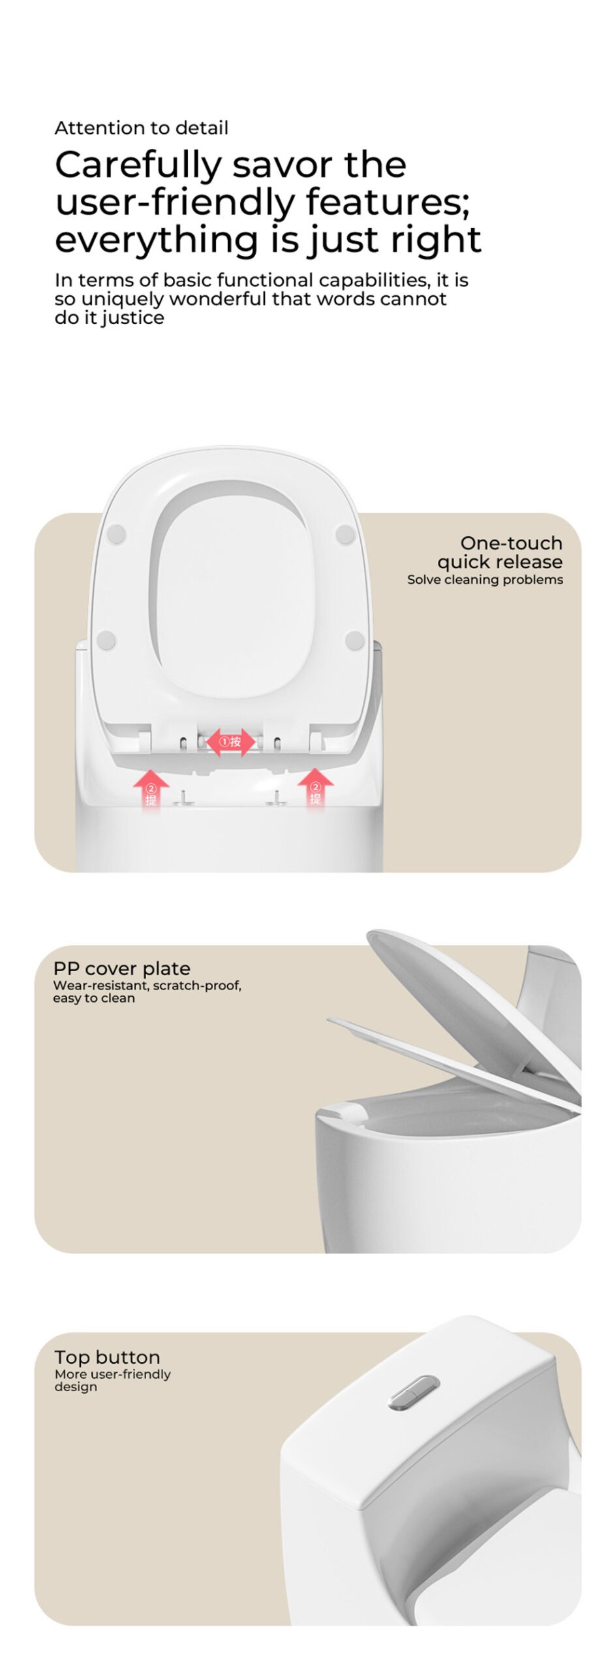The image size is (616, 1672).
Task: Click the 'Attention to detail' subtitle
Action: [x=142, y=127]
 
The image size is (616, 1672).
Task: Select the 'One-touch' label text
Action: [x=511, y=543]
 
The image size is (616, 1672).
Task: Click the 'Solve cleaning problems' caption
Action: [x=485, y=579]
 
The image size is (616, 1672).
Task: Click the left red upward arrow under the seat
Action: [x=151, y=788]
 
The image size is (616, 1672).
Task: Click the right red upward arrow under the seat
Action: [x=315, y=788]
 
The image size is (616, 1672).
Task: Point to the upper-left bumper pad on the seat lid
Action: [x=115, y=534]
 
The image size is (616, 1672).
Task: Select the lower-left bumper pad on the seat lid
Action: [x=106, y=640]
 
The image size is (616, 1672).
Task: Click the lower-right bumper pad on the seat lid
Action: [x=354, y=641]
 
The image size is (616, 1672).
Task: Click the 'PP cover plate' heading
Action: [x=122, y=969]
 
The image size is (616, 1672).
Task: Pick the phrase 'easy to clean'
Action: [x=94, y=999]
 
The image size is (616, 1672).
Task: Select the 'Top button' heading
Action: [x=108, y=1357]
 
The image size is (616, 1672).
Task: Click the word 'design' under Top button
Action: [x=76, y=1387]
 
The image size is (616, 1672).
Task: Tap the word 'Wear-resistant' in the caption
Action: [x=100, y=986]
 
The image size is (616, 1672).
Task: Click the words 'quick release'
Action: [x=500, y=562]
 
